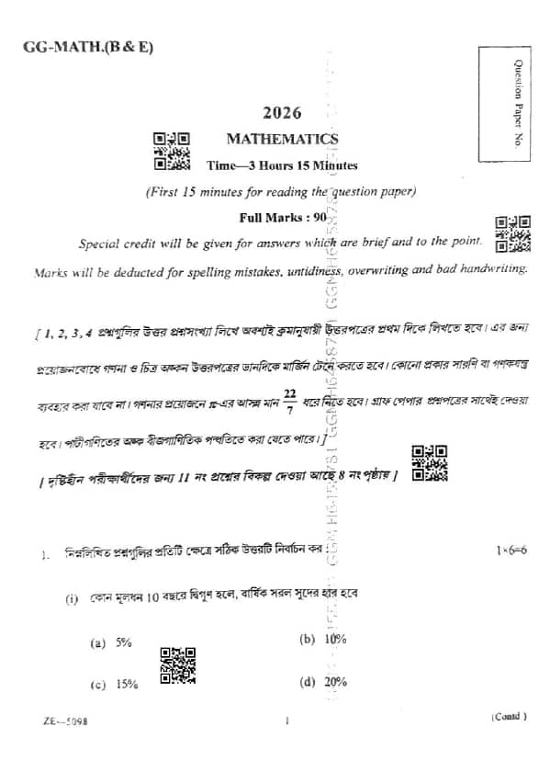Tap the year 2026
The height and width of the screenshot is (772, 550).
[x=282, y=113]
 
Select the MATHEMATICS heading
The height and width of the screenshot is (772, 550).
[x=282, y=140]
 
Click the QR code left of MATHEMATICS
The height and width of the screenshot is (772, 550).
[x=172, y=151]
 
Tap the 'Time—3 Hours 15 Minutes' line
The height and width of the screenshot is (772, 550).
[x=282, y=166]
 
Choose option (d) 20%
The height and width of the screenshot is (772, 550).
[x=322, y=681]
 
